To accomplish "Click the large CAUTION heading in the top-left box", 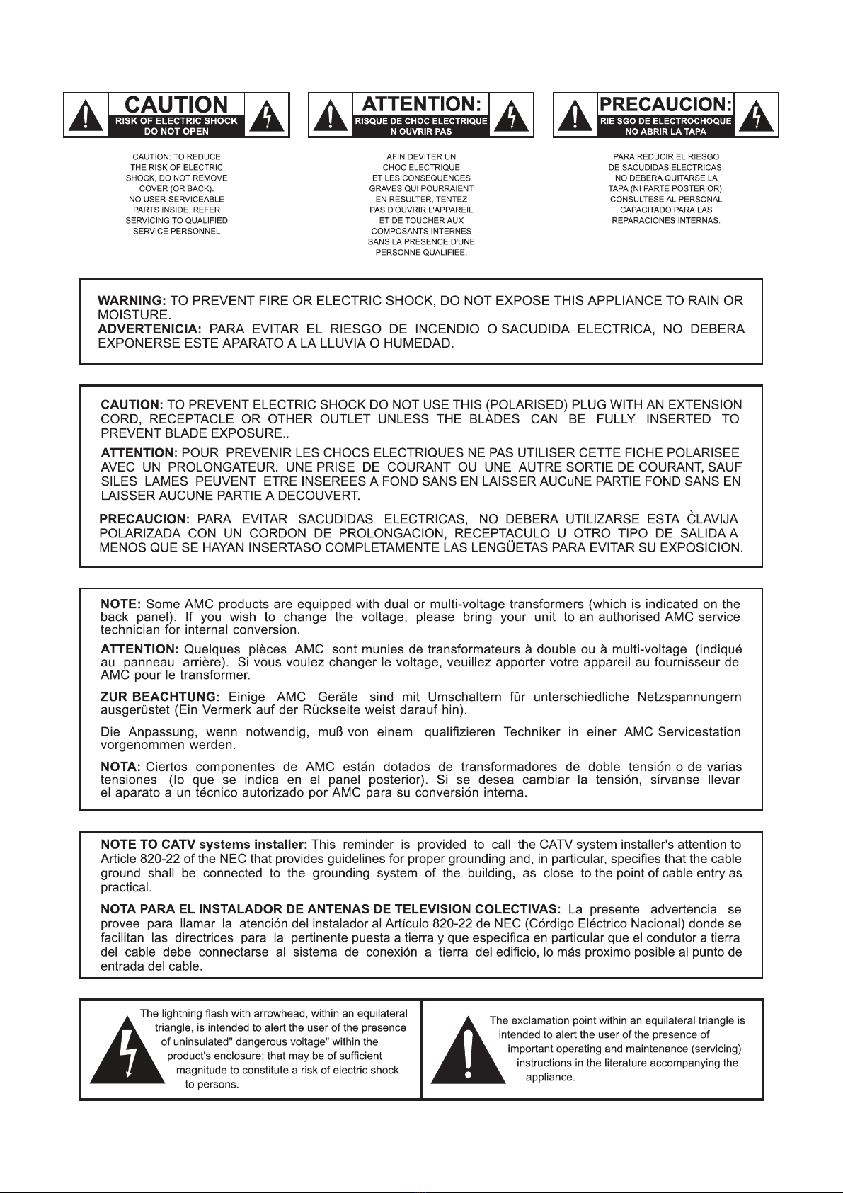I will (x=176, y=104).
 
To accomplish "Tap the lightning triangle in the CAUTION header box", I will (x=267, y=115).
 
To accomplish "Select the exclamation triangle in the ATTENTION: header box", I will (x=331, y=115).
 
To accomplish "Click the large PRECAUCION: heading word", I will (x=665, y=104).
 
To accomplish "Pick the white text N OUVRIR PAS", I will (x=421, y=132).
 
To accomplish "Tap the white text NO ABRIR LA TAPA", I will (x=665, y=132).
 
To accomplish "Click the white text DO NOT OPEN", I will (x=176, y=132).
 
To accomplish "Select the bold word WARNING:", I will (x=132, y=300).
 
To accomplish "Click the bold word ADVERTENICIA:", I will (x=149, y=329).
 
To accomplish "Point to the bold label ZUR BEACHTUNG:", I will (x=160, y=697).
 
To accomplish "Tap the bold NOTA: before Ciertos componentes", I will (x=120, y=767).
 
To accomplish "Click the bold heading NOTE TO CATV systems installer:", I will (x=204, y=845).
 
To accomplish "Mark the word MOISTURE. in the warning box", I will (x=134, y=314).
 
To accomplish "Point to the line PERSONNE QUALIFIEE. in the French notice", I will (x=421, y=252).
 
